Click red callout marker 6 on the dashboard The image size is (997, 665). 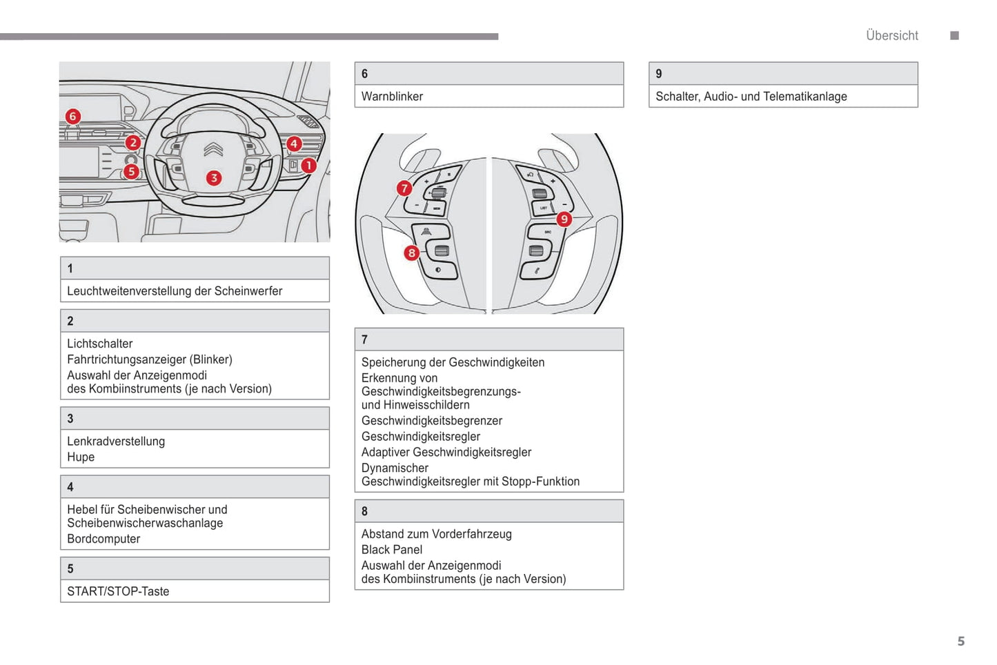(x=72, y=117)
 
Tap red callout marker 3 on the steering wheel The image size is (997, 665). (x=214, y=178)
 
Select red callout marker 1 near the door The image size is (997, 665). (x=308, y=166)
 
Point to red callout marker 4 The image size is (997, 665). (x=294, y=143)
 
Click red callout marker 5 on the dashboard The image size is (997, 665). (x=131, y=171)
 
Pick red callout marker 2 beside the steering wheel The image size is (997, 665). (x=132, y=143)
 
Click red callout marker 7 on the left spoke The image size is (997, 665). (x=404, y=188)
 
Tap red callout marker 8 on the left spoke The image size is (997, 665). (x=411, y=252)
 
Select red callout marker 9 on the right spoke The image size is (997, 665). (x=564, y=219)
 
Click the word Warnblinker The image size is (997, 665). (x=392, y=97)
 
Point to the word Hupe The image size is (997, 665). (x=81, y=457)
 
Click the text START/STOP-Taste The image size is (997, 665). (x=118, y=591)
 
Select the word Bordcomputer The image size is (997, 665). (x=103, y=539)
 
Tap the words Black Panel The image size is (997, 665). (x=392, y=550)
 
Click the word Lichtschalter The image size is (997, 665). (x=100, y=344)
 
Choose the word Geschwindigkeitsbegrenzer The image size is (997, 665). (x=432, y=421)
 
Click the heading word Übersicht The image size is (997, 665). (x=892, y=36)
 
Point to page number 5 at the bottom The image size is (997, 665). (x=960, y=642)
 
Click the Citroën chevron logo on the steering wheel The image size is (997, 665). (x=213, y=150)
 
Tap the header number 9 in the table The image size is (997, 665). (x=659, y=74)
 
